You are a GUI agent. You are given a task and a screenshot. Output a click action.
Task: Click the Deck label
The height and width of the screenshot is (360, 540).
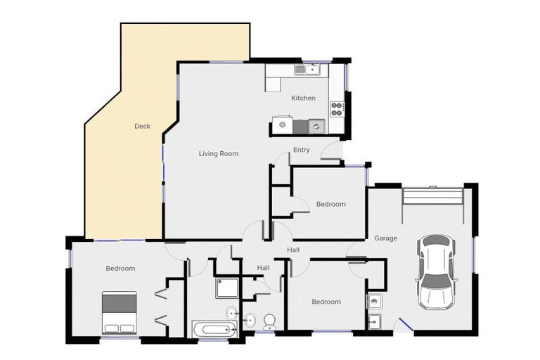[x=142, y=126]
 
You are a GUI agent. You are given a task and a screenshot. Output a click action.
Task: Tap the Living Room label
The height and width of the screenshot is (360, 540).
[x=219, y=154]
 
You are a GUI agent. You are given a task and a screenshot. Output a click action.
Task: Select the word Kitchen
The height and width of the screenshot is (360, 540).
[x=304, y=98]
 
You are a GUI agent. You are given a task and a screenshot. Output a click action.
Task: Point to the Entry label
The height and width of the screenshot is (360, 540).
[x=302, y=150]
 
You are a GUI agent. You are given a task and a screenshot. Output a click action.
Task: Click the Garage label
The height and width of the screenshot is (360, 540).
[x=386, y=238]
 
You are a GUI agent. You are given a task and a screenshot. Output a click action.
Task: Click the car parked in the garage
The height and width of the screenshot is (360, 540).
[x=436, y=272]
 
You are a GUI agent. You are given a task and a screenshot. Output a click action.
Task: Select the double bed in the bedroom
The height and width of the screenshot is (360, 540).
[x=120, y=313]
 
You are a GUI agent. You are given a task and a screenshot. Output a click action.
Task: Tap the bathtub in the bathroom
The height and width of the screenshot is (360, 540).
[x=215, y=330]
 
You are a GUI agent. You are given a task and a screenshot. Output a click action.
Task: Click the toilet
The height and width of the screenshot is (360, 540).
[x=269, y=322]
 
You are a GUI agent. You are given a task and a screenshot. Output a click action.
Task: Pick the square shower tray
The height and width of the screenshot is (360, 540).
[x=227, y=288]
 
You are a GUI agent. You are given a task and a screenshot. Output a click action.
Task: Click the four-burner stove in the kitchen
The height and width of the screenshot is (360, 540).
[x=337, y=109]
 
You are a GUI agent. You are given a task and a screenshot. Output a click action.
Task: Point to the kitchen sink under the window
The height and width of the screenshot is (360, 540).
[x=307, y=70]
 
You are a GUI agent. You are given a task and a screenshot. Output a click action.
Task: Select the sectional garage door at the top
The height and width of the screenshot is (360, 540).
[x=433, y=196]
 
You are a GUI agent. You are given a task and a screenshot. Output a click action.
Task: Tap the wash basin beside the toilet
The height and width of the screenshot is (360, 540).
[x=250, y=321]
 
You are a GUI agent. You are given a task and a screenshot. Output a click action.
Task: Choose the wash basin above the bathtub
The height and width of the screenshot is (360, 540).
[x=232, y=313]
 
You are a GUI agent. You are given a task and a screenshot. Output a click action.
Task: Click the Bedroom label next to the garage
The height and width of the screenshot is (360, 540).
[x=331, y=205]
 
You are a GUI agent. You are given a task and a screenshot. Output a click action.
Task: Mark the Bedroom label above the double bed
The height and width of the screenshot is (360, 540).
[x=120, y=269]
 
